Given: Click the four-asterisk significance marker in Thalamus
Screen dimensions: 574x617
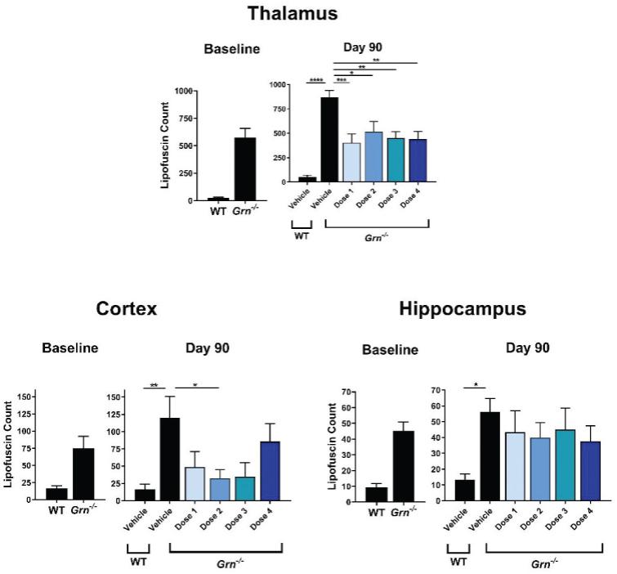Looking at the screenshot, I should point(318,80).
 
